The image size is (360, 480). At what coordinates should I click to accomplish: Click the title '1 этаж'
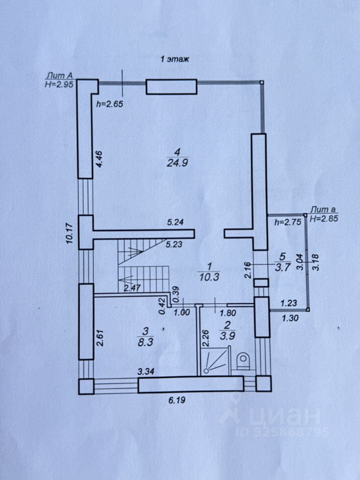tap(174, 59)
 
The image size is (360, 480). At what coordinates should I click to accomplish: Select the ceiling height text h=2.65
tap(109, 104)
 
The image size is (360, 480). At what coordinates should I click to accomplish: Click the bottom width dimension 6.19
tap(174, 401)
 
